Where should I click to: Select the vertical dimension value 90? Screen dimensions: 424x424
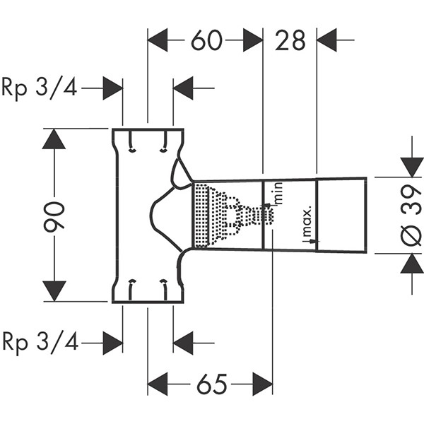[55, 215]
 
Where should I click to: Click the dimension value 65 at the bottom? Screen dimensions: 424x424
[210, 384]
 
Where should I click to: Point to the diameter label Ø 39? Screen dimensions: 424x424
[413, 214]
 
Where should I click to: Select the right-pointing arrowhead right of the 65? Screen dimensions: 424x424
[261, 384]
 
